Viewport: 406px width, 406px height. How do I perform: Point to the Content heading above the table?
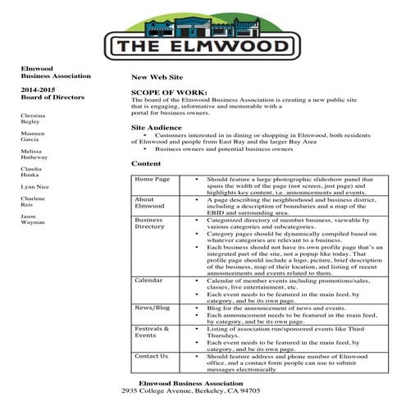145,164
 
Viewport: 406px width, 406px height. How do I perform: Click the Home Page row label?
152,178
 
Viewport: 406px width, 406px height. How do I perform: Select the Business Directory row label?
150,224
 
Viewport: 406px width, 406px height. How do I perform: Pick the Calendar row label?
149,281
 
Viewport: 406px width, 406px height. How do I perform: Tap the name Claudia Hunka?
34,175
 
